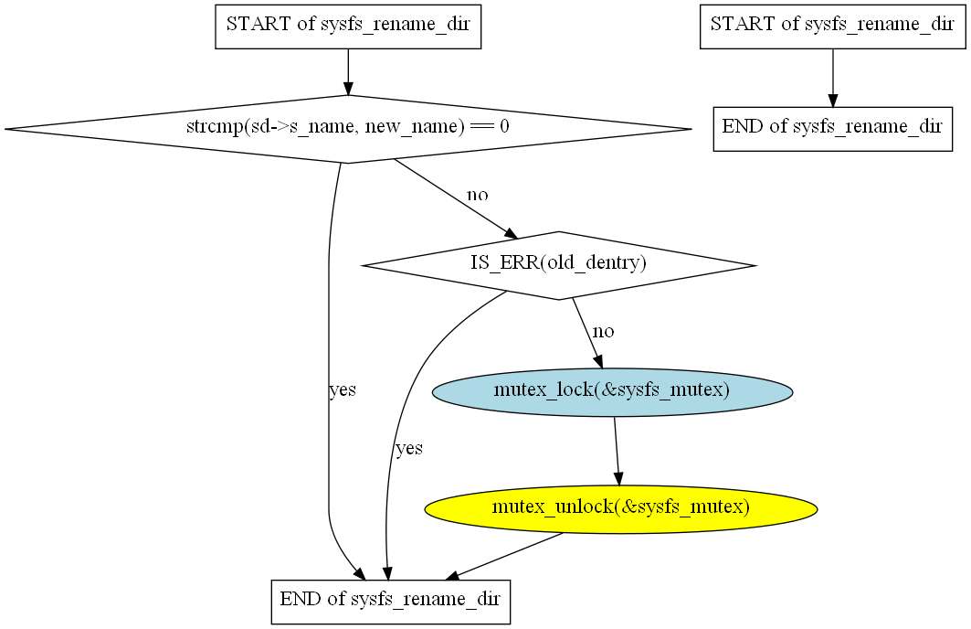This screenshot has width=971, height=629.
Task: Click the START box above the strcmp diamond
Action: pos(347,25)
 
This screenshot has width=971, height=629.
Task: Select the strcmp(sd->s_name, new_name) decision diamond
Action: pos(347,129)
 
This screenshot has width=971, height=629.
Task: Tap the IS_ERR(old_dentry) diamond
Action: pos(558,264)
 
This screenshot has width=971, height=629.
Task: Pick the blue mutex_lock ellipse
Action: pos(611,391)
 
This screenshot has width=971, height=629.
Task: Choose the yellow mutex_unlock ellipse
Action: pos(620,508)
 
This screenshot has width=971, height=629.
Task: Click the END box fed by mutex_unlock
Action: pos(390,602)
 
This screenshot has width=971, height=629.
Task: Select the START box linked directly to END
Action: pos(832,25)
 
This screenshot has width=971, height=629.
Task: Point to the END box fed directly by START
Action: pos(832,127)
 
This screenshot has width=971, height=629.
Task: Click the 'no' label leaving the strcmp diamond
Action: pos(478,195)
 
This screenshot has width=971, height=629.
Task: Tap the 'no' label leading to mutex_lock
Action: pos(604,331)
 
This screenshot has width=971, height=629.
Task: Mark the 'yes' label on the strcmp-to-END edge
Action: pos(343,390)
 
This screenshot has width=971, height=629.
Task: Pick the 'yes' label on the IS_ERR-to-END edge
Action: pos(409,449)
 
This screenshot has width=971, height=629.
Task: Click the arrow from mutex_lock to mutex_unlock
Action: pos(617,451)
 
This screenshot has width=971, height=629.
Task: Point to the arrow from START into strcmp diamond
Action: pos(347,71)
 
